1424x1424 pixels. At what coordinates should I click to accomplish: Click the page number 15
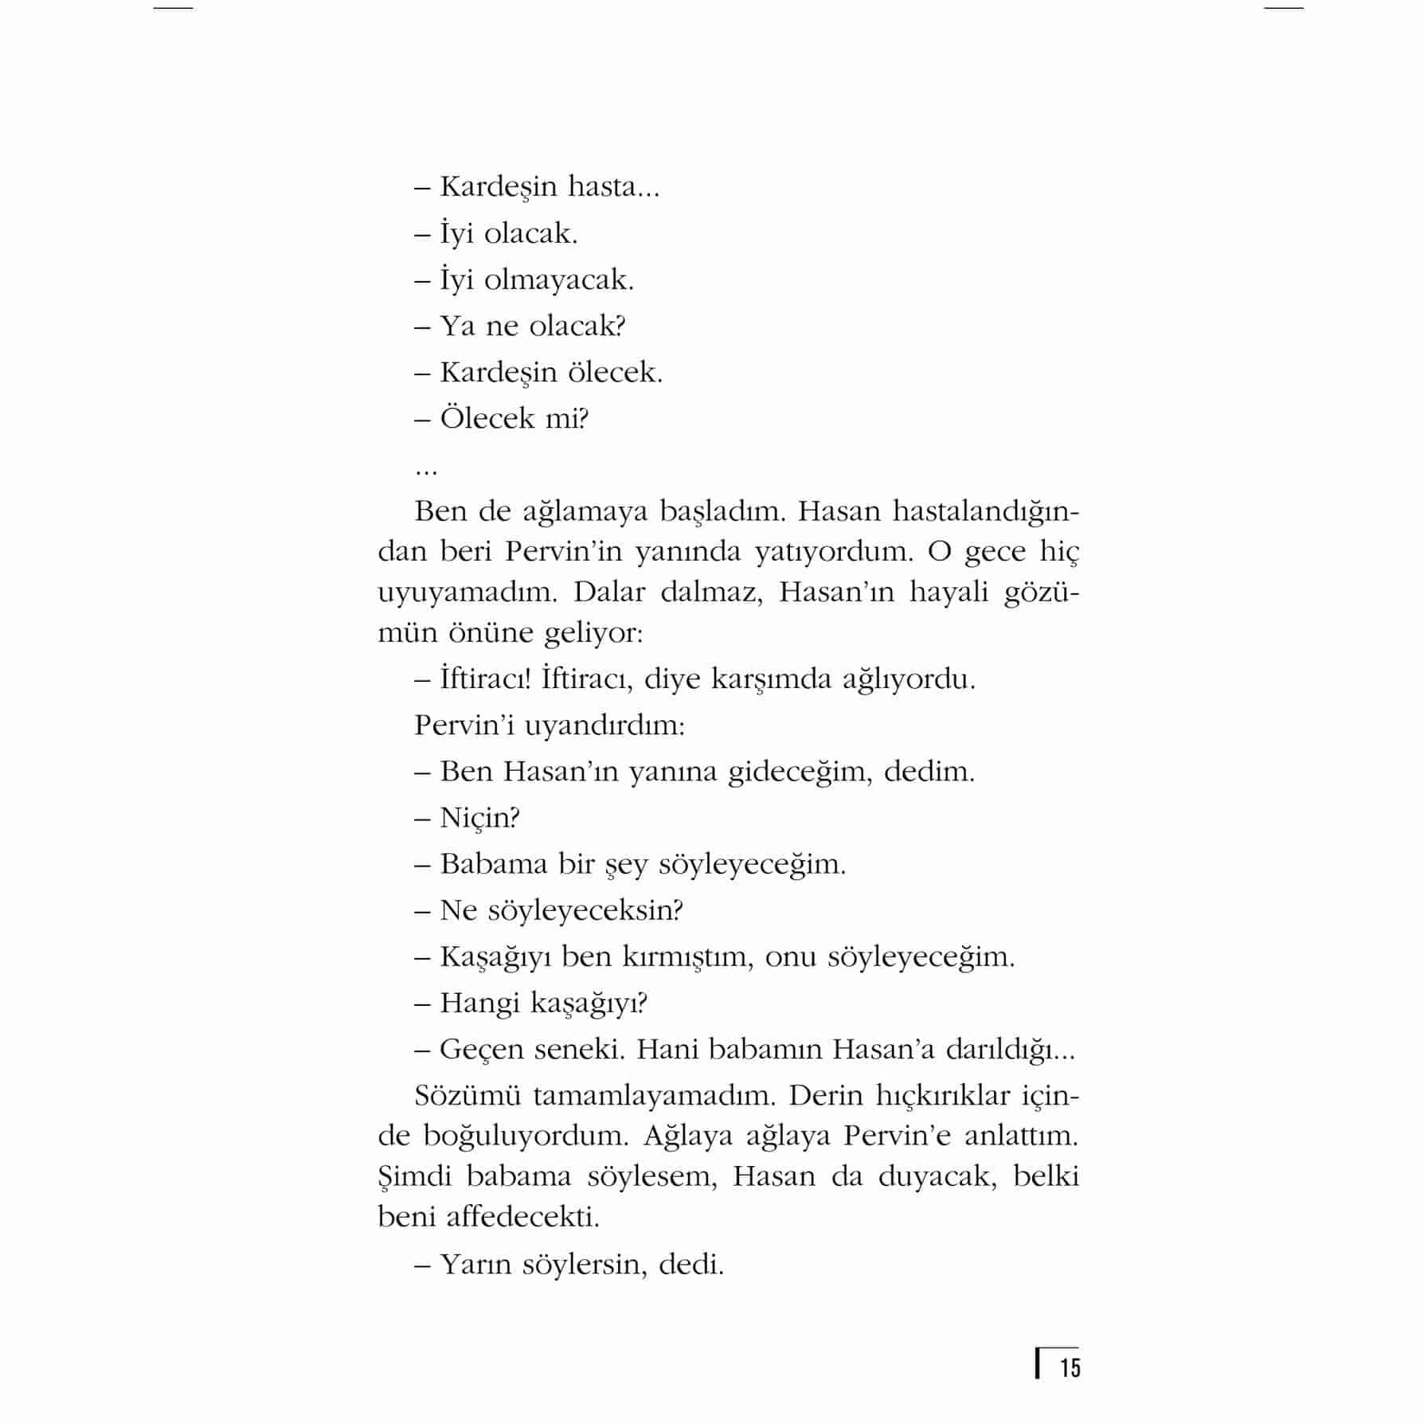coord(1070,1368)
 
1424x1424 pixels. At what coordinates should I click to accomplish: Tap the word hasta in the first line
coord(613,187)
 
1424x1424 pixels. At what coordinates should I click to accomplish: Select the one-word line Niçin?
coord(479,818)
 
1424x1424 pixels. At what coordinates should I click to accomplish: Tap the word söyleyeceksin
coord(585,910)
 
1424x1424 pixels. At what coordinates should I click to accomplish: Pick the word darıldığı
coord(1010,1050)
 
